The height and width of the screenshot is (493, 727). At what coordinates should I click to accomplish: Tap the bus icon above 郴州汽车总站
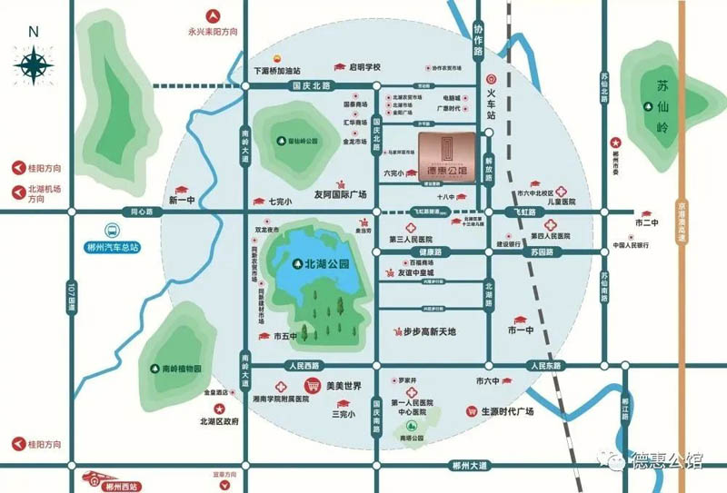point(110,232)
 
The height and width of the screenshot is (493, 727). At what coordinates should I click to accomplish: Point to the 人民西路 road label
point(303,366)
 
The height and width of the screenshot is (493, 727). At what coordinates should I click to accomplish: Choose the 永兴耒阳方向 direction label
point(213,31)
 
